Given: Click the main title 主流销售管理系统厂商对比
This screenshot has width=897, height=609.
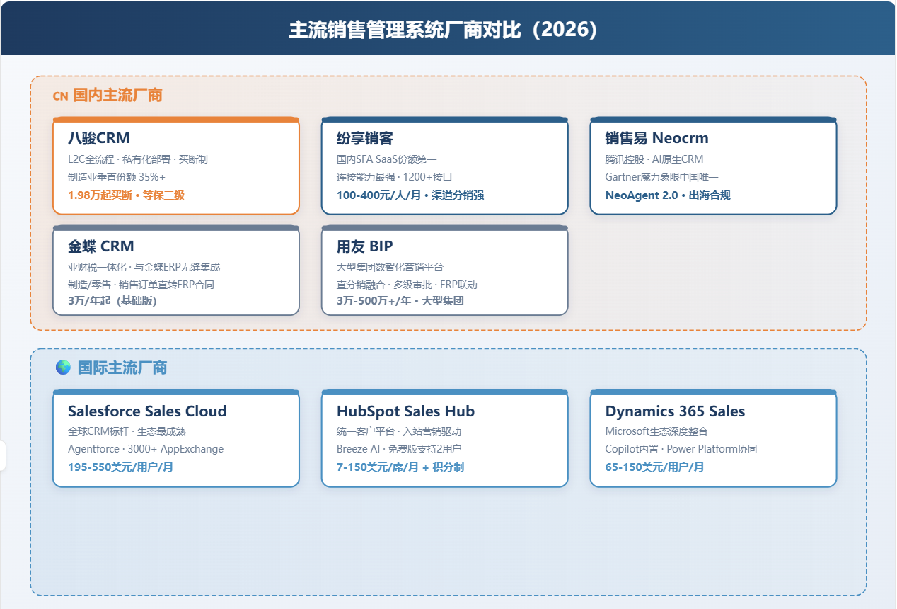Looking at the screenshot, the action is click(x=405, y=30).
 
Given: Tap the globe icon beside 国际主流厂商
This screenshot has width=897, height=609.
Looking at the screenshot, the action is click(x=63, y=368).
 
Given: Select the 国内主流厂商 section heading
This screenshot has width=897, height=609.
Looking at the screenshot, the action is click(x=117, y=96).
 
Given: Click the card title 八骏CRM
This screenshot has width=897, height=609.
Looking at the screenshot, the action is click(x=99, y=138).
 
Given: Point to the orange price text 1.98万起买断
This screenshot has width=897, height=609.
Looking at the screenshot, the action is click(x=100, y=195).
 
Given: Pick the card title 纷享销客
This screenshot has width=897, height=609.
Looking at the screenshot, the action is click(x=365, y=138).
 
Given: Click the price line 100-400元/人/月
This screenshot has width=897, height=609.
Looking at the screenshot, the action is click(x=378, y=195).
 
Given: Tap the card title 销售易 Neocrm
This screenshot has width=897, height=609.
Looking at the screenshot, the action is click(x=656, y=138).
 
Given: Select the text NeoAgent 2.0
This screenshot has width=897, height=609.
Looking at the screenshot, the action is click(x=642, y=195).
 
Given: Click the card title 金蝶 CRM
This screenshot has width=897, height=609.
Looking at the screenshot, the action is click(x=101, y=246).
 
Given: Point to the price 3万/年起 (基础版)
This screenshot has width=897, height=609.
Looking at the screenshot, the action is click(x=112, y=301).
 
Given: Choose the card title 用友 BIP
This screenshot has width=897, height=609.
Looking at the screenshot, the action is click(x=365, y=246).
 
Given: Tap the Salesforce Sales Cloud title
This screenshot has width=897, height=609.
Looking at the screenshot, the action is click(x=147, y=411).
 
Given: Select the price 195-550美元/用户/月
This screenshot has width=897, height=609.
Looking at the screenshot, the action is click(x=120, y=467).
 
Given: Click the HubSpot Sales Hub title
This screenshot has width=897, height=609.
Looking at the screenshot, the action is click(x=405, y=411).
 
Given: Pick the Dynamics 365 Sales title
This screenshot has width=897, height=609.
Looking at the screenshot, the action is click(x=675, y=411).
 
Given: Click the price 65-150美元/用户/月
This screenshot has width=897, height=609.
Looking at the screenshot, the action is click(x=654, y=467).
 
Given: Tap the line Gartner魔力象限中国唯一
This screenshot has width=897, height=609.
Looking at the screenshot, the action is click(x=661, y=177).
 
